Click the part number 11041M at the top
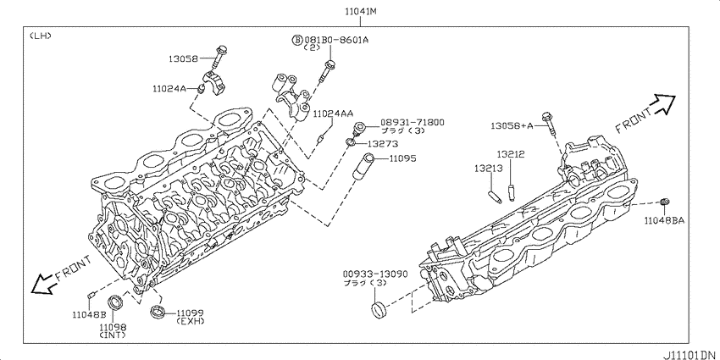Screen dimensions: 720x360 pyautogui.click(x=361, y=12)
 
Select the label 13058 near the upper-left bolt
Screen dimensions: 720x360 pyautogui.click(x=183, y=58)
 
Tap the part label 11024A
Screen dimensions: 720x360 pyautogui.click(x=169, y=89)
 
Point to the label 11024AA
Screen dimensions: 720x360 pyautogui.click(x=334, y=113)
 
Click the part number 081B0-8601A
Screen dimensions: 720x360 pyautogui.click(x=336, y=40)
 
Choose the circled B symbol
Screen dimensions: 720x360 pyautogui.click(x=297, y=41)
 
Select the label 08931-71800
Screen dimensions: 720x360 pyautogui.click(x=412, y=122)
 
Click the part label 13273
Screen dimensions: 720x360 pyautogui.click(x=383, y=144)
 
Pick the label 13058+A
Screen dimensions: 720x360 pyautogui.click(x=512, y=125)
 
